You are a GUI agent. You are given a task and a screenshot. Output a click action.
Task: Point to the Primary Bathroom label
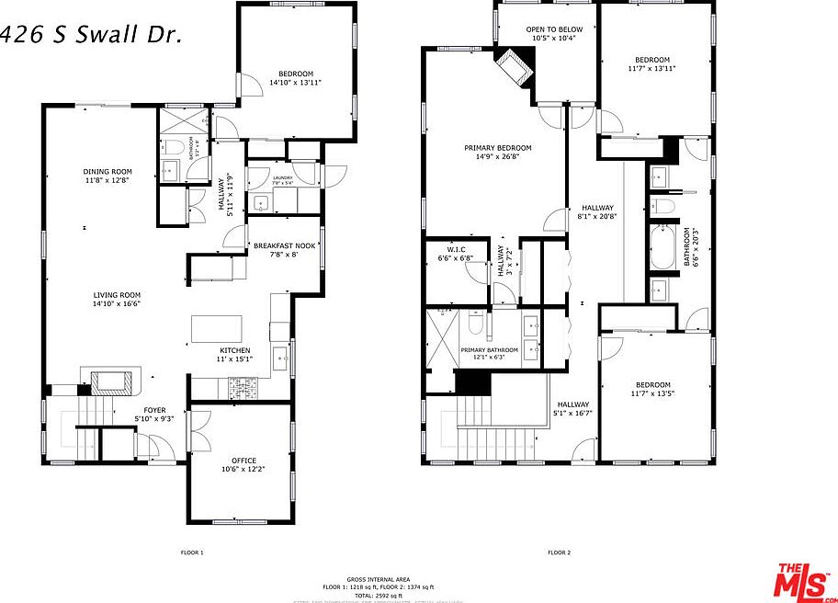490,350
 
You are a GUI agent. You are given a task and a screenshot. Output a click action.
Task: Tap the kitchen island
217,329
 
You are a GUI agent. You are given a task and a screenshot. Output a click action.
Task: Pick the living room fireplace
111,379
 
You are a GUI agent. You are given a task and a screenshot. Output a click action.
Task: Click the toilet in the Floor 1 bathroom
173,147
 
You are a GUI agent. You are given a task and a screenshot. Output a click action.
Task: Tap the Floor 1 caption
191,552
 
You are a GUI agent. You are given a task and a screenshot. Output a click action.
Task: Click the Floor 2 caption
559,552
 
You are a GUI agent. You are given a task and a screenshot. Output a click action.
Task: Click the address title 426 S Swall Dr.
91,35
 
